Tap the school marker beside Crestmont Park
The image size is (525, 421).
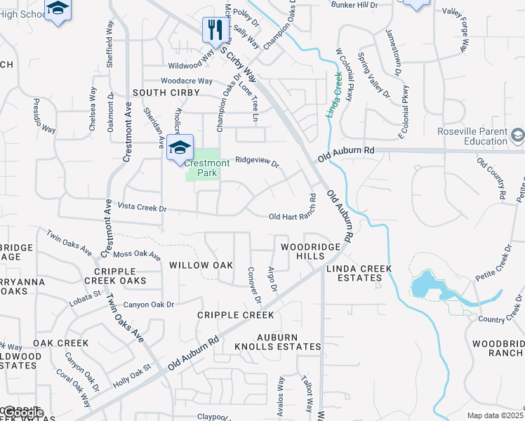click(x=180, y=147)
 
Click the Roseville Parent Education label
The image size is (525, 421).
click(x=471, y=136)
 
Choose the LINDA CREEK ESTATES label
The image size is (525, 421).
click(x=354, y=273)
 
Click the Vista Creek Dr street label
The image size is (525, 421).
click(x=142, y=208)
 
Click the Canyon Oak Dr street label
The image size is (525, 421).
click(x=148, y=305)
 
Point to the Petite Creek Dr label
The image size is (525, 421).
click(x=491, y=263)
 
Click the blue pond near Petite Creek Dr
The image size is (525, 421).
click(x=424, y=284)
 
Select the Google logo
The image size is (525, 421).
click(x=22, y=413)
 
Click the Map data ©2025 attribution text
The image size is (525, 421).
click(x=494, y=415)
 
